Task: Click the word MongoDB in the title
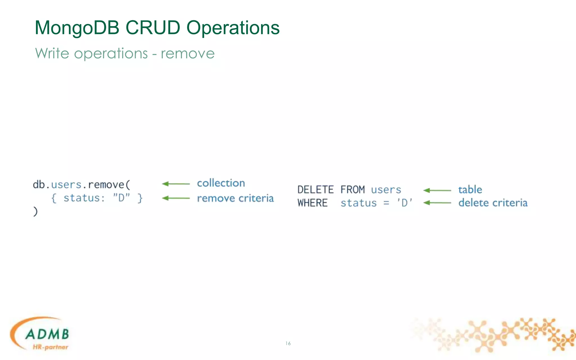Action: pos(77,28)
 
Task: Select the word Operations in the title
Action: pos(233,28)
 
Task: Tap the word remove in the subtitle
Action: pos(188,53)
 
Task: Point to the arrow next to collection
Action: pos(176,184)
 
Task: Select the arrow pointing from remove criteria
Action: pos(176,198)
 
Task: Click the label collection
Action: pos(221,183)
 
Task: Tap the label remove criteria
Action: pos(235,198)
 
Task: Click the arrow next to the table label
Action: pos(437,190)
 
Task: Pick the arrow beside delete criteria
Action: pos(437,203)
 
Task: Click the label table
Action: pos(470,190)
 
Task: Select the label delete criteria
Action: pos(493,203)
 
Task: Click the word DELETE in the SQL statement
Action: pos(316,190)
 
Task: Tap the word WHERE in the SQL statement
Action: pos(312,203)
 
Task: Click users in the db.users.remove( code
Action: pos(66,185)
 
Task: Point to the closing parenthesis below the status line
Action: pos(35,211)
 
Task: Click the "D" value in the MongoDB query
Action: pos(121,198)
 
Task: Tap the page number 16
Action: pos(288,343)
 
